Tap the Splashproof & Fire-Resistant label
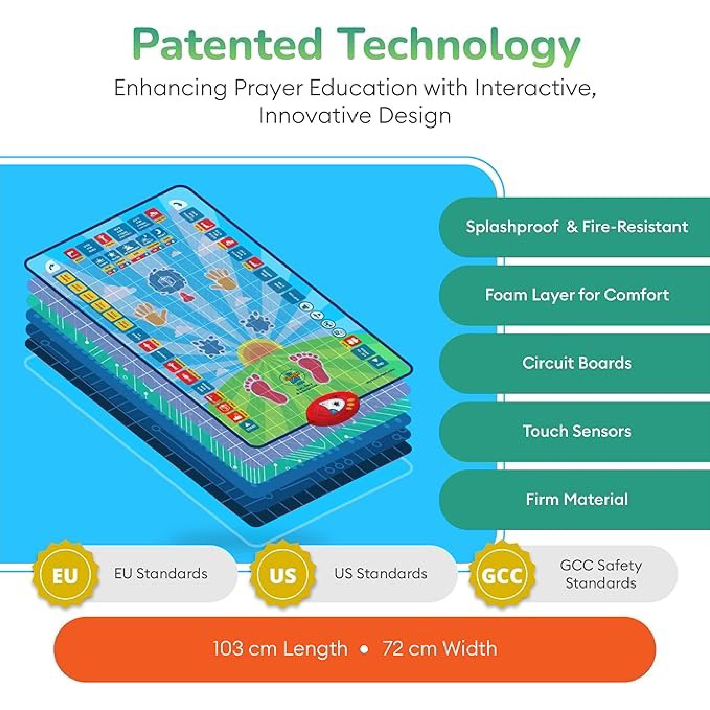[577, 227]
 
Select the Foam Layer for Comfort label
[577, 295]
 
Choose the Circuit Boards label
[577, 363]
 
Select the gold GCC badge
[502, 575]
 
